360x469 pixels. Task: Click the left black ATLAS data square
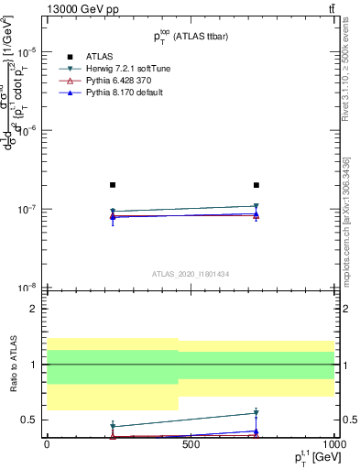pyautogui.click(x=113, y=185)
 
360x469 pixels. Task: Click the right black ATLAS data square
pyautogui.click(x=256, y=185)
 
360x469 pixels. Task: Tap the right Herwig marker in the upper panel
pyautogui.click(x=256, y=206)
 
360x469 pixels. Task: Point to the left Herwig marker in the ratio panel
pyautogui.click(x=113, y=427)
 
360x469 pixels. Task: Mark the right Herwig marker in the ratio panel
pyautogui.click(x=256, y=413)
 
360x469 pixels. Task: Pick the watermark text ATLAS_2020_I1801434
pyautogui.click(x=190, y=274)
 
